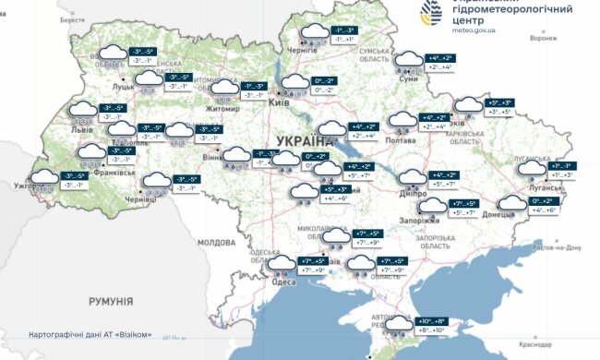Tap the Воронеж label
(545, 40)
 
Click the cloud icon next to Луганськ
(530, 168)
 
